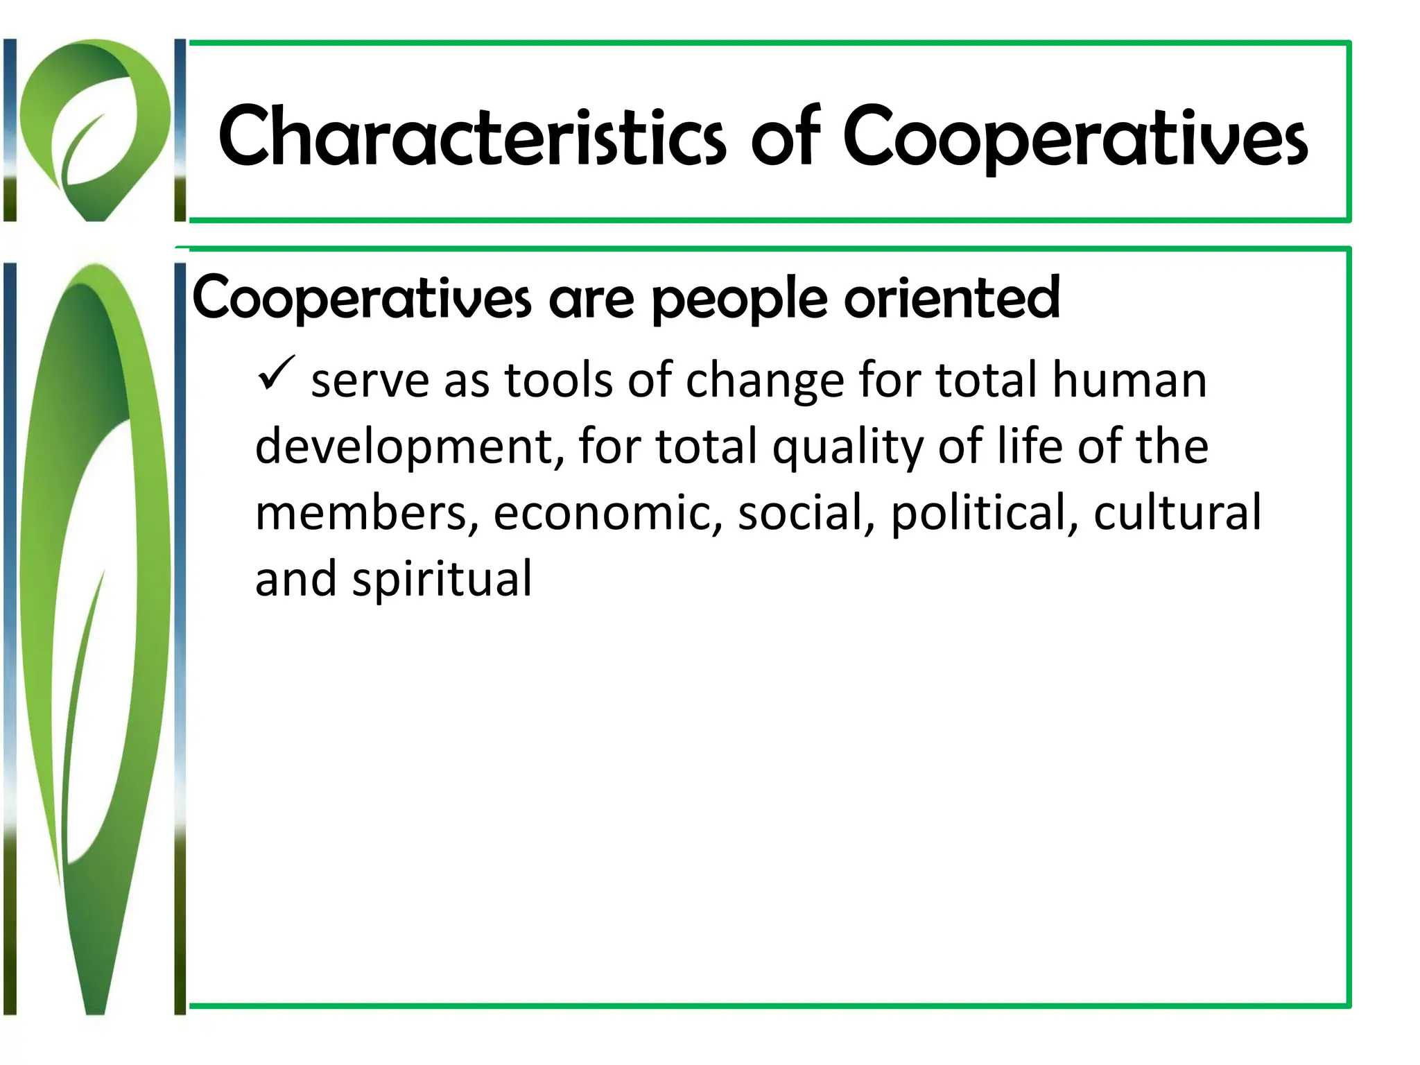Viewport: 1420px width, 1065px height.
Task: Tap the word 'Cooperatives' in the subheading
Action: [361, 298]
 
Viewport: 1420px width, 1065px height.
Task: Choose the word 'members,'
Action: [367, 513]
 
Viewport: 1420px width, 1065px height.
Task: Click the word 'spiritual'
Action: [442, 580]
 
